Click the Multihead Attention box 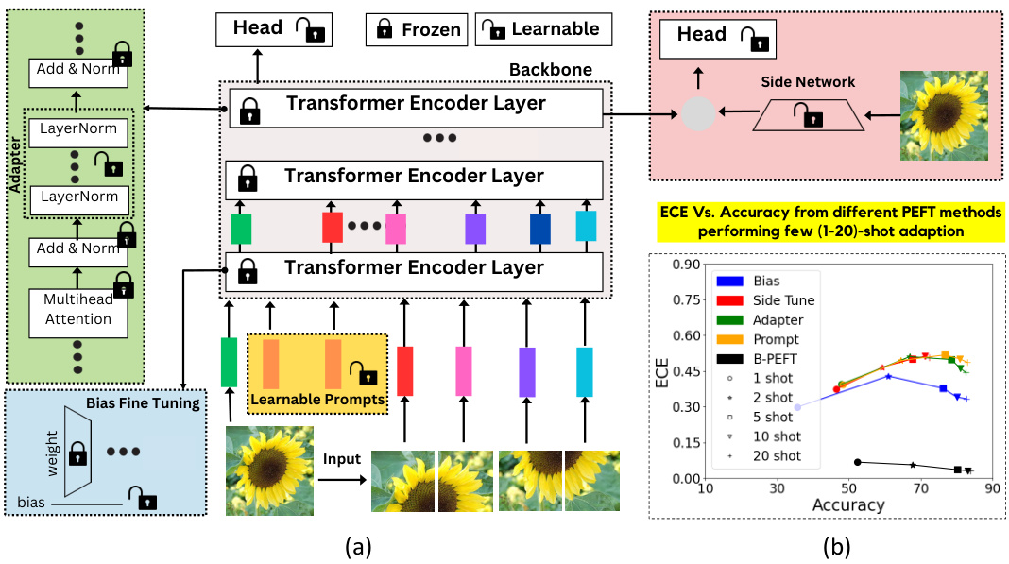click(78, 310)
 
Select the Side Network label click(808, 82)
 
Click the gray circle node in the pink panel click(699, 114)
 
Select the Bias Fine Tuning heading click(143, 403)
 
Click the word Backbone click(551, 70)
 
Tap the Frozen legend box click(416, 29)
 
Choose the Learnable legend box click(542, 29)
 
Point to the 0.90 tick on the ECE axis click(683, 265)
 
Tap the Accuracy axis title click(847, 505)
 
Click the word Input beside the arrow click(342, 459)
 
